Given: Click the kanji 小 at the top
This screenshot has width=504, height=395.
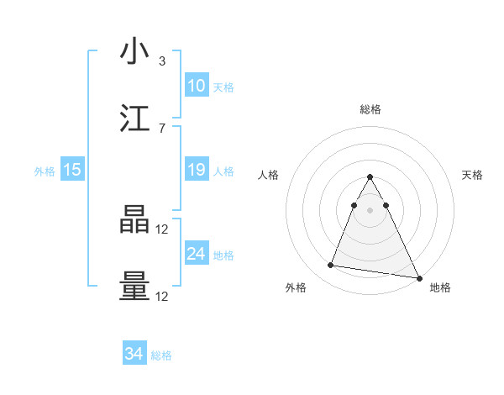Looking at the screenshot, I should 134,51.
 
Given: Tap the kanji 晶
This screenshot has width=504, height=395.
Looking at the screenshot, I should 134,220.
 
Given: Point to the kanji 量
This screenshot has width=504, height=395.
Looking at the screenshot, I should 134,287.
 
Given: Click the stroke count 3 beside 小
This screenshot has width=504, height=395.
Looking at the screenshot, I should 161,61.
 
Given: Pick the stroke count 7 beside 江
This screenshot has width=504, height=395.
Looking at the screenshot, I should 161,128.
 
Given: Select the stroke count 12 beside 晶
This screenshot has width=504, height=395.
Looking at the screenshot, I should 163,229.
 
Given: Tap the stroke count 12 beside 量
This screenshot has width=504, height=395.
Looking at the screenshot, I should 163,296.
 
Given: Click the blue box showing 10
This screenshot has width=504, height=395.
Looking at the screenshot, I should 196,86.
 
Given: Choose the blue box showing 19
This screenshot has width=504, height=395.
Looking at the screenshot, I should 196,170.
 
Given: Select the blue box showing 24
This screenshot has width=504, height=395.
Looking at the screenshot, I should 196,254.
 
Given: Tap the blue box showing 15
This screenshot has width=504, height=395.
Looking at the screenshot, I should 72,170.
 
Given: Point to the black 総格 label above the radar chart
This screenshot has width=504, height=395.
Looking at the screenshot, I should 370,109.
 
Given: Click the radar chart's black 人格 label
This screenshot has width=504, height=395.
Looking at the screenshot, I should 269,175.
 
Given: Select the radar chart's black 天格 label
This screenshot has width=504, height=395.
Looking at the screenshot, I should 472,175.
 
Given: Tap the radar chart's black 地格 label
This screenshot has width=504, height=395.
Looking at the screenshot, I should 440,288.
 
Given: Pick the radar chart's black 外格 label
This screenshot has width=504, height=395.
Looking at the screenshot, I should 296,288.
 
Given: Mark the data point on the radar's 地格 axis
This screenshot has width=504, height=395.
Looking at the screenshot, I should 418,277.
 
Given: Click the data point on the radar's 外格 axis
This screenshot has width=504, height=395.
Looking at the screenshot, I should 331,266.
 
